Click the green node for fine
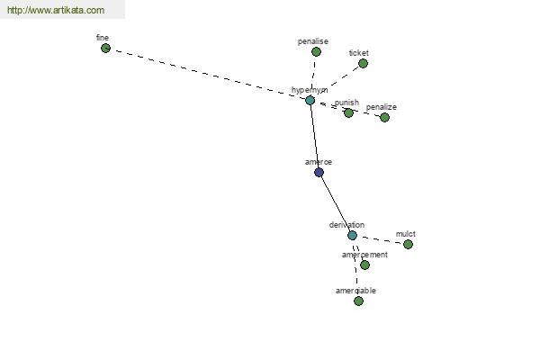coord(105,49)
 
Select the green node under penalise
coord(316,52)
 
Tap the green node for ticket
coord(363,63)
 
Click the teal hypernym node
coord(310,100)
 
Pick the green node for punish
coord(348,113)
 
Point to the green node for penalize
coord(384,118)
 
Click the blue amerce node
coord(319,172)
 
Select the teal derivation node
coord(352,236)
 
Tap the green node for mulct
coord(408,244)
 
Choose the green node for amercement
coord(365,265)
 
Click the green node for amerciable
coord(358,301)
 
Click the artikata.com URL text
coord(56,10)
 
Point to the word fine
coord(103,38)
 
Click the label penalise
coord(312,41)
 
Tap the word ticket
coord(359,53)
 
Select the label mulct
coord(406,234)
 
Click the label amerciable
coord(355,291)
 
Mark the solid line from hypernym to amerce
coord(314,137)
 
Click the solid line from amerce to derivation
coord(336,204)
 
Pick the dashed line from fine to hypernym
coord(208,74)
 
